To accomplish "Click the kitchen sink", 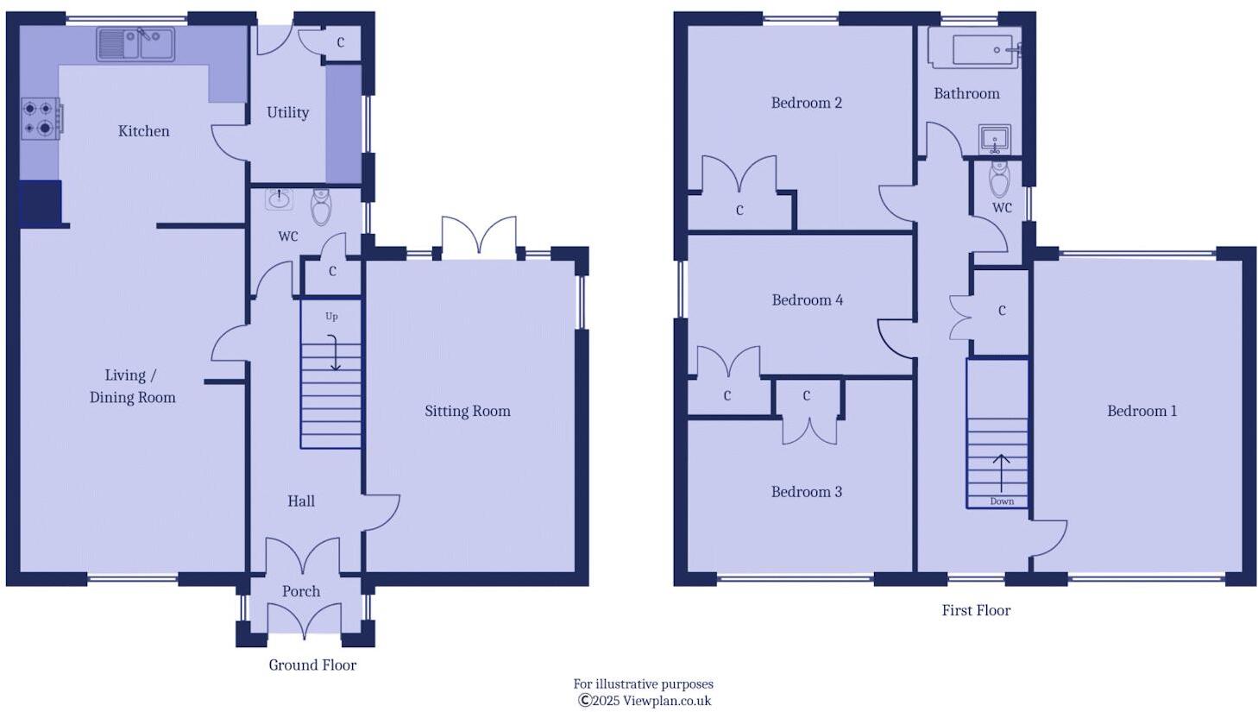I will click(135, 44).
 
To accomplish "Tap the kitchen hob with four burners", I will click(41, 118).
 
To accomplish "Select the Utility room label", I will click(287, 112).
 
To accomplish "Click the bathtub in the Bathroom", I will click(974, 50).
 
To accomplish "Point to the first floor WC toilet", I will click(999, 180).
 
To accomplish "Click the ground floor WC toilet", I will click(321, 206).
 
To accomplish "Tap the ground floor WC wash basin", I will click(279, 199).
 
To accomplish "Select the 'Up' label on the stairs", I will click(331, 317).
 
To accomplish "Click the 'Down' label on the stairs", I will click(1002, 501).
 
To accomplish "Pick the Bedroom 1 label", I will click(1142, 411).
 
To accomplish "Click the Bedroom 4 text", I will click(807, 300).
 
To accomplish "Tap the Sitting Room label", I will click(467, 411).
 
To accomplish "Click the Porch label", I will click(300, 591).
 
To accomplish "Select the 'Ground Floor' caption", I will click(311, 665).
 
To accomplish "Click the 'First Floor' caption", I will click(975, 610).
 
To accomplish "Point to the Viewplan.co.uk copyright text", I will click(644, 701).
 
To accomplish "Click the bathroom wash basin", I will click(994, 138).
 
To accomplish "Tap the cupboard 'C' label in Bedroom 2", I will click(739, 210).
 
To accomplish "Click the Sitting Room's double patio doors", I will click(479, 238).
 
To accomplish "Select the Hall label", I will click(300, 501).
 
